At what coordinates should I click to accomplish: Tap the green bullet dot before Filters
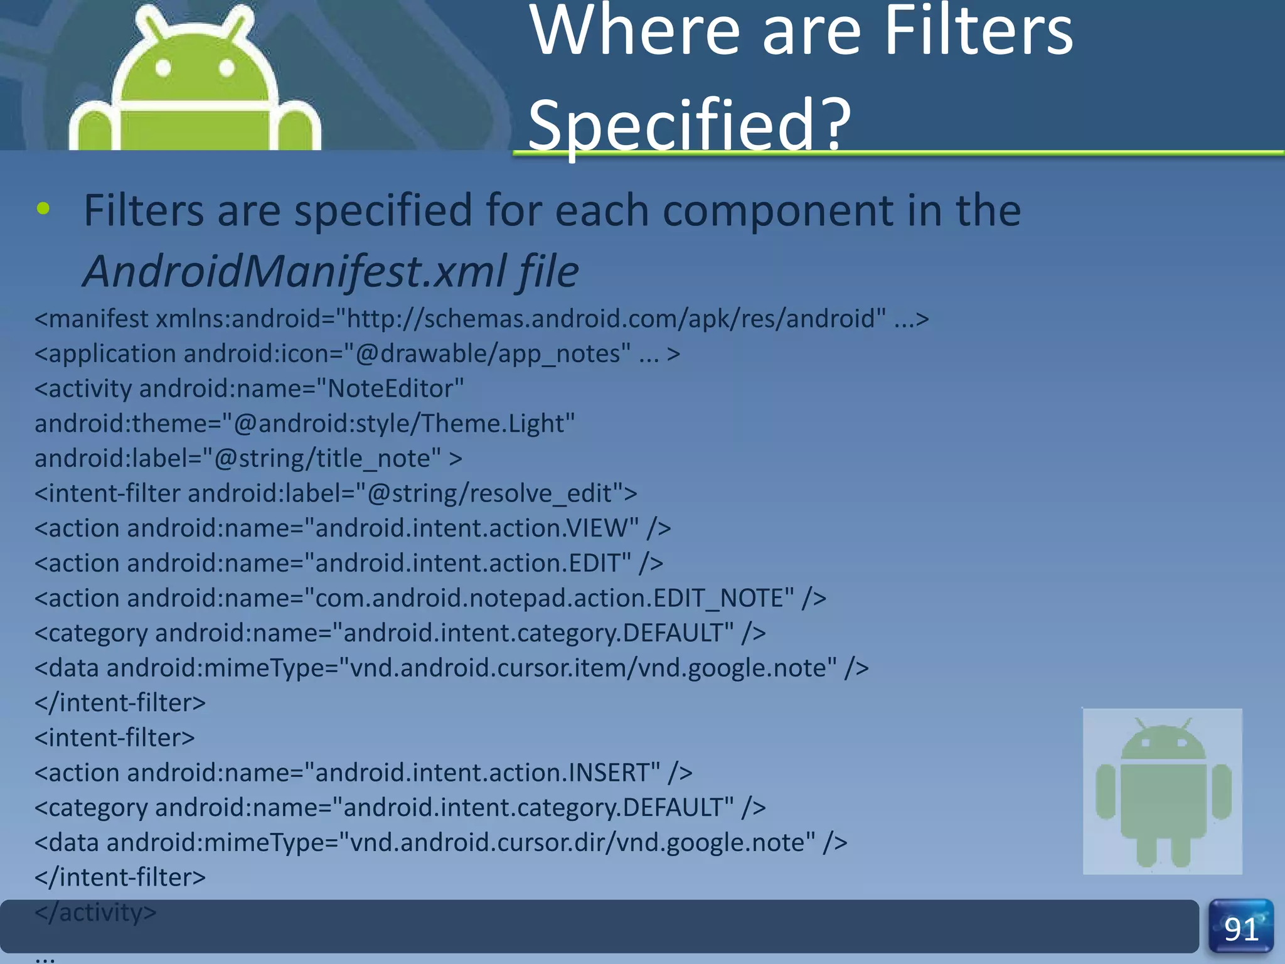tap(43, 209)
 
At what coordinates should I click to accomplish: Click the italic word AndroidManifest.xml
tap(296, 271)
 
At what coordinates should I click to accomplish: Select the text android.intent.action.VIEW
tap(476, 528)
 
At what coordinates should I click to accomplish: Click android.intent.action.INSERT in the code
tap(487, 773)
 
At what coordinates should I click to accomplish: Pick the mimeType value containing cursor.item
tap(593, 668)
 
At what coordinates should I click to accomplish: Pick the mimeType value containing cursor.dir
tap(582, 842)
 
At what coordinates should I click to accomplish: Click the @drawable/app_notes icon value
tap(493, 354)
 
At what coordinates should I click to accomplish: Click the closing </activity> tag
tap(95, 912)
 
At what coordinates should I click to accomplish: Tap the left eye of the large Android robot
tap(163, 68)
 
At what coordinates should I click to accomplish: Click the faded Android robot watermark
tap(1162, 791)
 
